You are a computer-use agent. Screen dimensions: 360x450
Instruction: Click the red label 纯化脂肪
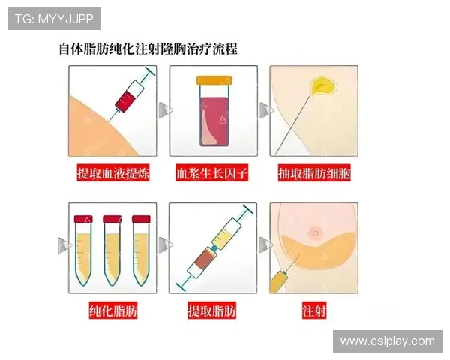point(112,309)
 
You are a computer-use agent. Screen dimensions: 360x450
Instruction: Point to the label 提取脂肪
point(212,309)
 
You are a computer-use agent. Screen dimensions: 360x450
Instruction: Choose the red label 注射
point(314,309)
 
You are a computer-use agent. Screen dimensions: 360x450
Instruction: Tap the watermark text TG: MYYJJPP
point(54,18)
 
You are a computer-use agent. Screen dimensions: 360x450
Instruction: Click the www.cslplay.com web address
point(387,341)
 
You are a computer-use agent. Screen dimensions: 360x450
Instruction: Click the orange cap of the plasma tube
point(214,80)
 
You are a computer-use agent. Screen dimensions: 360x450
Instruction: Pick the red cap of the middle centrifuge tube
point(112,220)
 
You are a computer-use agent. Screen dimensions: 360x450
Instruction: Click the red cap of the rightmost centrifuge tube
point(141,220)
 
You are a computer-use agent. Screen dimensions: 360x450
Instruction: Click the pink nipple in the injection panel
point(316,232)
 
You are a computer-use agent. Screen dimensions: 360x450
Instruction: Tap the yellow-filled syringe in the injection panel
point(279,280)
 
